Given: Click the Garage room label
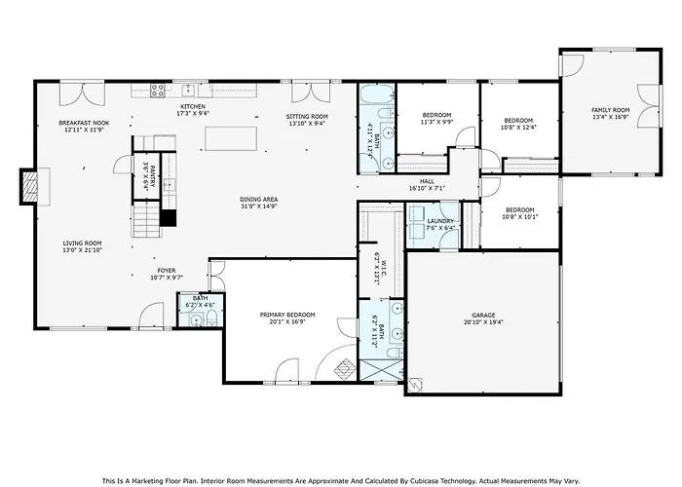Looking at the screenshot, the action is tap(483, 316).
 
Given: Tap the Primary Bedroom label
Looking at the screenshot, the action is tap(287, 315).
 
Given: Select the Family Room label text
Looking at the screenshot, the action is tap(610, 110).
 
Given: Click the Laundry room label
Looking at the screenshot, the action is tap(440, 221).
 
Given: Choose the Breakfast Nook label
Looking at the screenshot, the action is tap(84, 123).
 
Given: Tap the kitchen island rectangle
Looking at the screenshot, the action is tap(231, 138).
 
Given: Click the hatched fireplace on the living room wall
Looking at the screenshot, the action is tap(29, 187).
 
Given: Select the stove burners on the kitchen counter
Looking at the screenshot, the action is tap(157, 90).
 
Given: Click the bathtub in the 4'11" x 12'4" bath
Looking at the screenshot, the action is tap(376, 94).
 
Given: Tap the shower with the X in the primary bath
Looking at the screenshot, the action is tap(382, 370).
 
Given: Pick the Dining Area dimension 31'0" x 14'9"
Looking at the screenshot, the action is tap(258, 206).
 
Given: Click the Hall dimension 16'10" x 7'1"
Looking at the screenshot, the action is tap(427, 188).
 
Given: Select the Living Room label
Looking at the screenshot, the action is tap(82, 243).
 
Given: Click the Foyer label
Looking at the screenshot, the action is tap(167, 271).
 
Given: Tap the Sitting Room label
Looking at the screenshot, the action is tap(307, 117).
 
